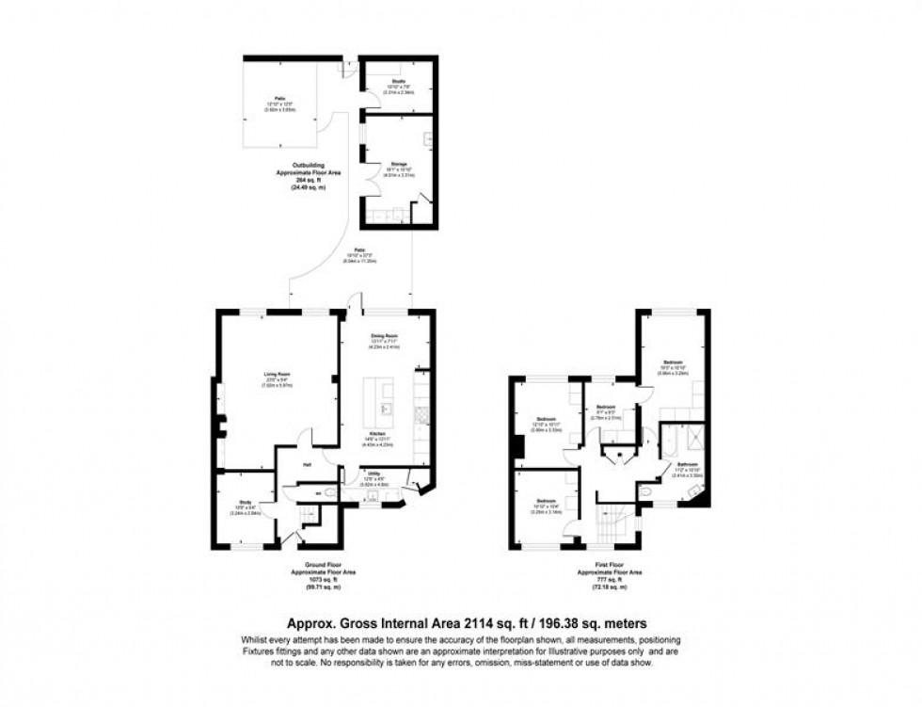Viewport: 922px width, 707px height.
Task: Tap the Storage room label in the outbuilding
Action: pos(399,163)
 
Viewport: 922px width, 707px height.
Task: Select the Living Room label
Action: pos(277,375)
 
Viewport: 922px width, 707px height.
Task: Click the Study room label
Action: pos(245,503)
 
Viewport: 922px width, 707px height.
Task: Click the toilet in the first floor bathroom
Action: pos(646,490)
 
